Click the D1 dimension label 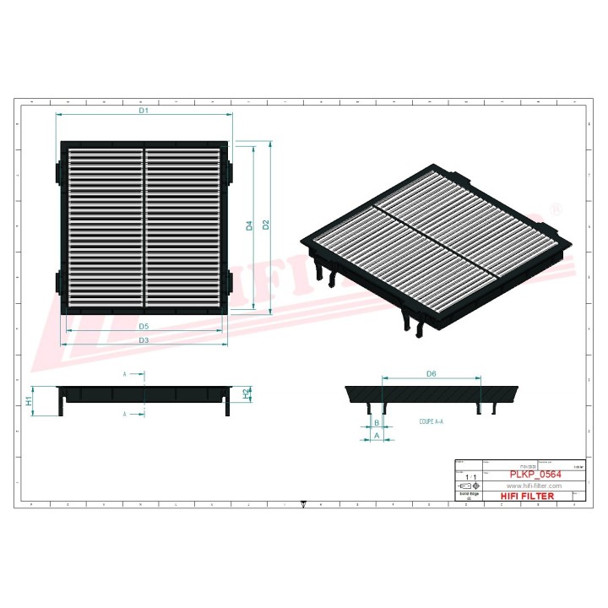144,111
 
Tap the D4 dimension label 249,225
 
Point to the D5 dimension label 144,326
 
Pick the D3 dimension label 144,339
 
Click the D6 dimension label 431,373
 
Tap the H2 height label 247,393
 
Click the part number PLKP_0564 533,475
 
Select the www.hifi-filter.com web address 533,486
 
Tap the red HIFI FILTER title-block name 528,496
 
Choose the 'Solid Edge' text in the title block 468,494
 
